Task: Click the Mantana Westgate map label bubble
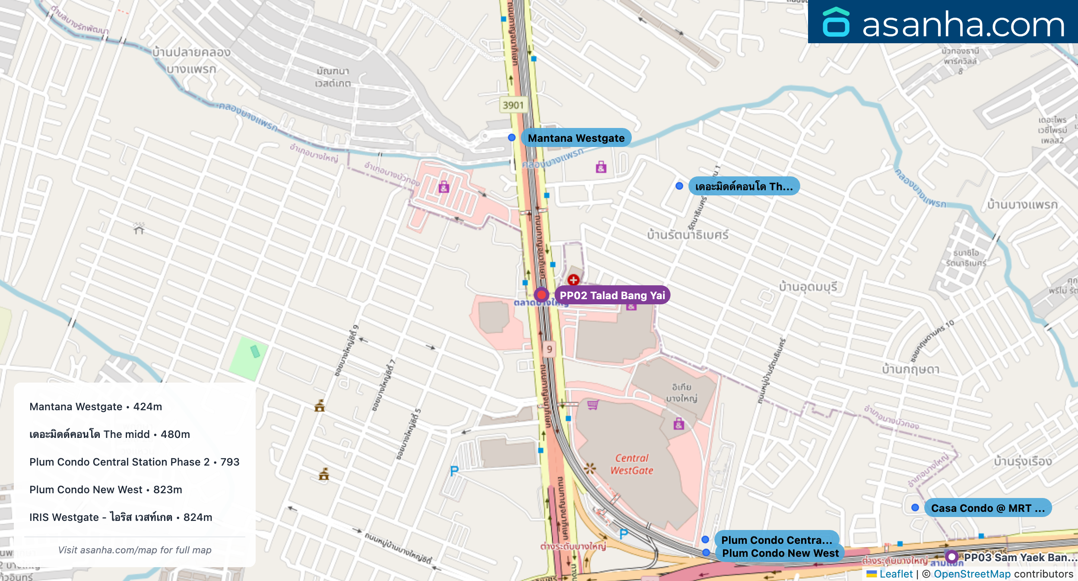(576, 138)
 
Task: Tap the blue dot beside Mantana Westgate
(512, 137)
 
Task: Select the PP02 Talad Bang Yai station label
(612, 295)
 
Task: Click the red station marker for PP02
(541, 295)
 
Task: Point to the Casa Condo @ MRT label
(987, 508)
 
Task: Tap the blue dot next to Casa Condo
(915, 508)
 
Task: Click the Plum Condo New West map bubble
(780, 553)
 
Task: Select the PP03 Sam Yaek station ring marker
(951, 557)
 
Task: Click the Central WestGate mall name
(631, 464)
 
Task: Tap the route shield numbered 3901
(513, 105)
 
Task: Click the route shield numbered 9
(549, 349)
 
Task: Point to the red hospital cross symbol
(573, 280)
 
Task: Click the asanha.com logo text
(963, 25)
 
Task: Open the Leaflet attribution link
(896, 574)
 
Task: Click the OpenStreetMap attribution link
(972, 574)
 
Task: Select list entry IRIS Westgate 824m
(121, 517)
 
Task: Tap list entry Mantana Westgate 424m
(96, 406)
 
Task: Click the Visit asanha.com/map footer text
(135, 550)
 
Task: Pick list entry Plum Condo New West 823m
(106, 489)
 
